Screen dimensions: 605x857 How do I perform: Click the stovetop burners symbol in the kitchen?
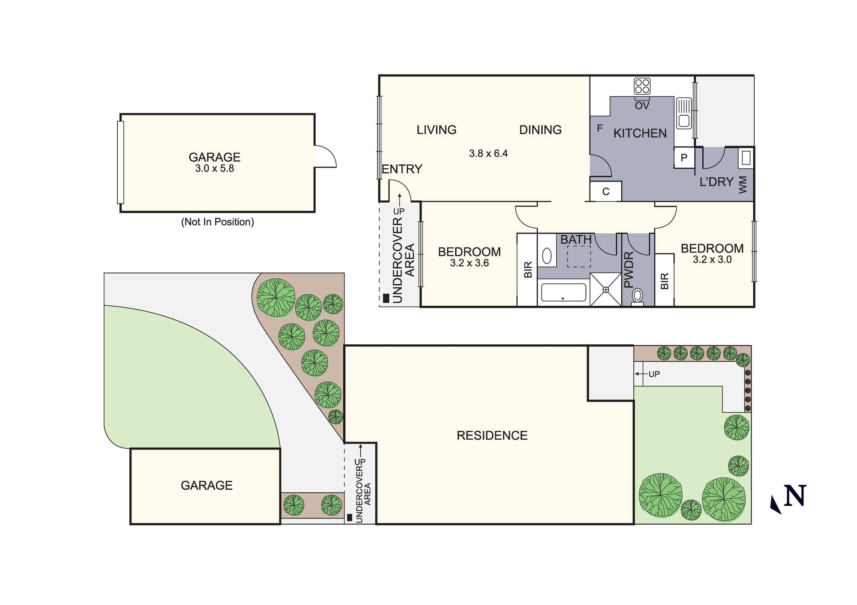(642, 86)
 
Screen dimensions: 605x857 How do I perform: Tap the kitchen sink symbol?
(683, 113)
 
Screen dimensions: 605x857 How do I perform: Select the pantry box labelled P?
(684, 158)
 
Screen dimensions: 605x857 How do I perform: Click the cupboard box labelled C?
(605, 191)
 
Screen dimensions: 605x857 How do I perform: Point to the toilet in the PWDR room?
(638, 296)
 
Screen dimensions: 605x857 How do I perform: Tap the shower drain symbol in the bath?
(605, 290)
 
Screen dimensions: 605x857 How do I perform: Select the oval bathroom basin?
(547, 256)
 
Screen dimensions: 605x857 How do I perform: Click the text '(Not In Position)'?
(217, 222)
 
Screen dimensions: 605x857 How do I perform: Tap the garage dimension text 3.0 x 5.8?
(214, 169)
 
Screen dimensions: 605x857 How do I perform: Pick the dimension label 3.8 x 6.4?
(488, 153)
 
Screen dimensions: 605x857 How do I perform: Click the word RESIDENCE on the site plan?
(492, 435)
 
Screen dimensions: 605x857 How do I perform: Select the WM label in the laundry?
(743, 185)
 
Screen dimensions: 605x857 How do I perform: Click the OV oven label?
(642, 106)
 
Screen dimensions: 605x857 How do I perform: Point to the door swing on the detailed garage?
(325, 157)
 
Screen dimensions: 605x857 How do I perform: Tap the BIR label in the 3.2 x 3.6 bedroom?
(528, 270)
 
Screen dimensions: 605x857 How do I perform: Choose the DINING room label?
(540, 130)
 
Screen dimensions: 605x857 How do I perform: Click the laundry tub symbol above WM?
(746, 158)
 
